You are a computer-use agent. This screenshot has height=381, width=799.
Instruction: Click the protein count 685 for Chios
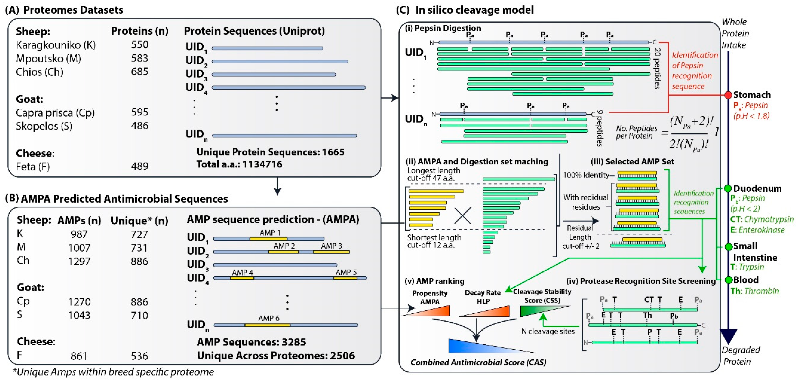(x=140, y=72)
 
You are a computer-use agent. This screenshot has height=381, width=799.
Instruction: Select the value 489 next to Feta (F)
(x=140, y=166)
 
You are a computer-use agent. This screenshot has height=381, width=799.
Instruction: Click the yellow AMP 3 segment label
(x=331, y=246)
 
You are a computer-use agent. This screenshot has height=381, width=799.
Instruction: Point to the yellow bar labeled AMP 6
(x=267, y=325)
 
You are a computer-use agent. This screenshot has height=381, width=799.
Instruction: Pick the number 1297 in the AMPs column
(x=79, y=261)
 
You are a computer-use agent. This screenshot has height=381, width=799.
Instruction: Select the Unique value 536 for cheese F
(x=139, y=356)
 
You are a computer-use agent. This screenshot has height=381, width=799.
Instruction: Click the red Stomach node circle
(x=728, y=95)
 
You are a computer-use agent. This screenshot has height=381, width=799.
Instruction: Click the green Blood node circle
(x=728, y=280)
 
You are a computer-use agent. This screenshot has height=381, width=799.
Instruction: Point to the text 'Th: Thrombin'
(x=755, y=291)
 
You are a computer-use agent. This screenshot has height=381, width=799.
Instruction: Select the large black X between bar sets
(x=462, y=215)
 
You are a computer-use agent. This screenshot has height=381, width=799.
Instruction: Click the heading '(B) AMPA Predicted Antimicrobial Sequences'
(x=117, y=199)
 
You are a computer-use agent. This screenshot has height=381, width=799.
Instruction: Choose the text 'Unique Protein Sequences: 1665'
(x=271, y=152)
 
